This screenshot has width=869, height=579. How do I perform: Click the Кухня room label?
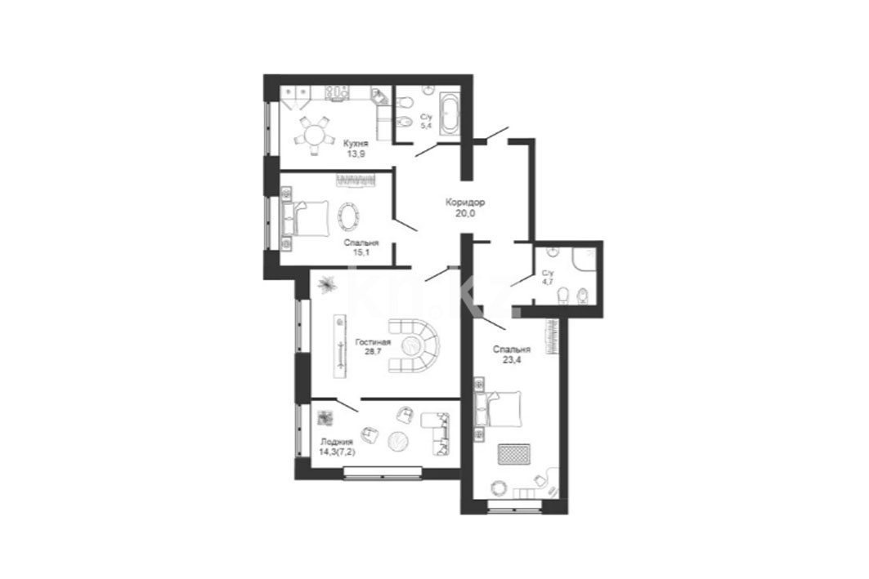356,143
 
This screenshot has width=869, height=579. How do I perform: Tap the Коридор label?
465,203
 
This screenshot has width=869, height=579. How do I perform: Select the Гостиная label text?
373,342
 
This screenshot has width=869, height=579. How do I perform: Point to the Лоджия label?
337,442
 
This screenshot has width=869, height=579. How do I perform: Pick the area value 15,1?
361,252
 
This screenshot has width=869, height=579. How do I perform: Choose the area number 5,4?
426,126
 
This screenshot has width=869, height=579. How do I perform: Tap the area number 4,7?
548,282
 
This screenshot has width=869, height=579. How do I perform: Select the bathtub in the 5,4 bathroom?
449,114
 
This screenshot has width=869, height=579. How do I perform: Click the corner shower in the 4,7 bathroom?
585,259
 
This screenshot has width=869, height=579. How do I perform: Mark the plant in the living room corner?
326,284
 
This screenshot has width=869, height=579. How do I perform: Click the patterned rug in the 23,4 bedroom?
513,457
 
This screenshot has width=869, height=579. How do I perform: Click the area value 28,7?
373,350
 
